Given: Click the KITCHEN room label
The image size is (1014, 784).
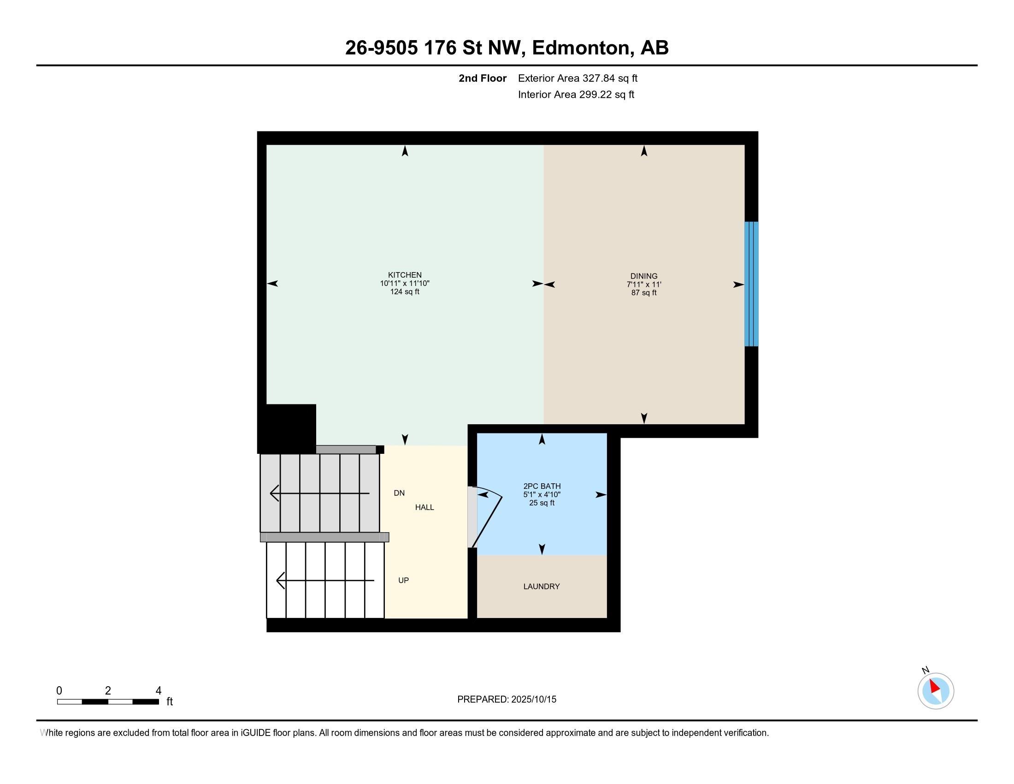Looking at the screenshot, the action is coord(404,275).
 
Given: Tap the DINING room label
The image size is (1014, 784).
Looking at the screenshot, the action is coord(643,276).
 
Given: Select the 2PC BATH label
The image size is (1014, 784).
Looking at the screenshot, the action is coord(542,486).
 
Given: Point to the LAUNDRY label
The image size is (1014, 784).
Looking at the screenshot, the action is coord(542,587).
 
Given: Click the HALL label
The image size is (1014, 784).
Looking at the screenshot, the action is coord(424,507).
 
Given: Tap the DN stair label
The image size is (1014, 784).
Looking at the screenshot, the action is coord(399,493).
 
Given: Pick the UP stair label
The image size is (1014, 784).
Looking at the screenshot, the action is coord(403,580).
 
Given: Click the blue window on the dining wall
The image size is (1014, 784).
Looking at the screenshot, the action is coord(751,284).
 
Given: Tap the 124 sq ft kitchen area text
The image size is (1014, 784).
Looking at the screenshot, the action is coord(404,291).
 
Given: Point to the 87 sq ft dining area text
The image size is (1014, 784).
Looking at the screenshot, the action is coord(643,292).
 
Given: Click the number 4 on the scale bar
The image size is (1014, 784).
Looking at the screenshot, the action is coord(158,691).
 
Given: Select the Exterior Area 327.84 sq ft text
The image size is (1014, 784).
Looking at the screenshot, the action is coord(578,78).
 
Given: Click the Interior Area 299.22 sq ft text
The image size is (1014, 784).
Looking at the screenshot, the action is coord(576,94).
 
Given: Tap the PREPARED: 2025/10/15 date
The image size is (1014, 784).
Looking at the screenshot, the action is coord(507,699).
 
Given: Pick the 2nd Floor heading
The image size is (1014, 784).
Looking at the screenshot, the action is coord(483,78).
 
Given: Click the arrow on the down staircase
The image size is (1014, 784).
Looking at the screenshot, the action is coord(319,493).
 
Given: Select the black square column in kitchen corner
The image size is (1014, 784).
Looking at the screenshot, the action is coord(287,428).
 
